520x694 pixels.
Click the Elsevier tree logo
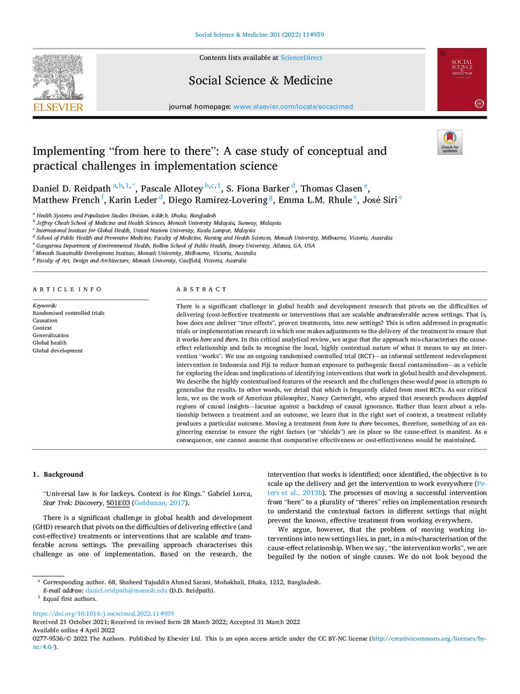coord(58,80)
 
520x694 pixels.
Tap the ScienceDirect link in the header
coord(303,58)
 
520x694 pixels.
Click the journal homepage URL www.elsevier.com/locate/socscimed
coord(293,106)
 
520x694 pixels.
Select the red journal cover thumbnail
coord(461,79)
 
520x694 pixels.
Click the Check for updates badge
coord(449,142)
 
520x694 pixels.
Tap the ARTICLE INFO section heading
coord(67,289)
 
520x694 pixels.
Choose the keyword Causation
coord(46,321)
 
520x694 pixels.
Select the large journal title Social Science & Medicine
coord(260,81)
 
